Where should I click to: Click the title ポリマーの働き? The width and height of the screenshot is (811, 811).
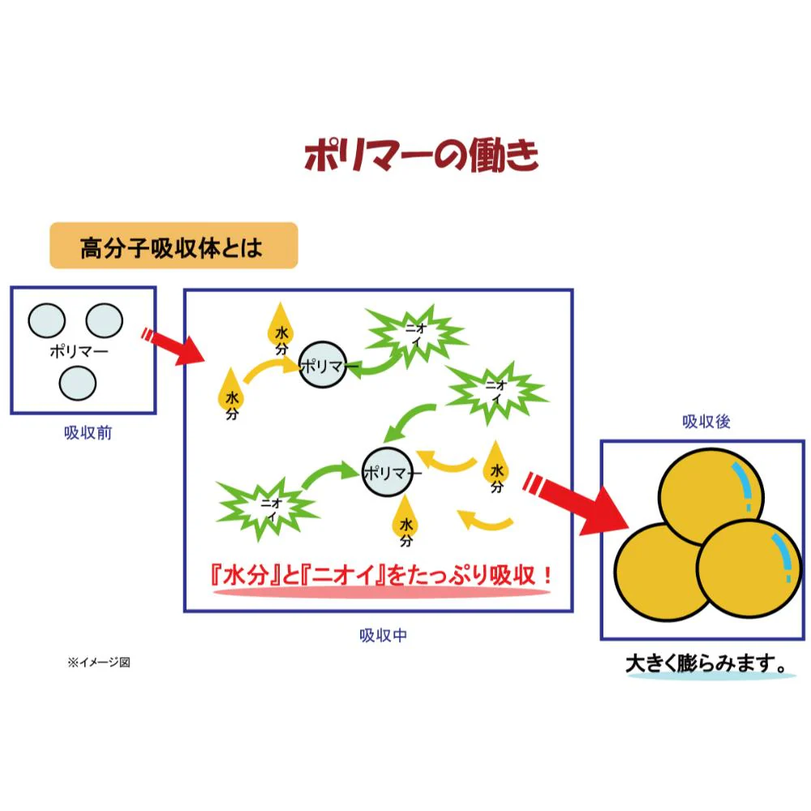click(x=422, y=155)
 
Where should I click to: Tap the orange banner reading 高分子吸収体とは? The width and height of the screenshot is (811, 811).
click(x=174, y=246)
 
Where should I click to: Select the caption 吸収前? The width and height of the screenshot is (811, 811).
click(x=88, y=432)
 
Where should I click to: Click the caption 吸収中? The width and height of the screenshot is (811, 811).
click(x=384, y=635)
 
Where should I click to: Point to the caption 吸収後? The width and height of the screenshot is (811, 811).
click(x=706, y=422)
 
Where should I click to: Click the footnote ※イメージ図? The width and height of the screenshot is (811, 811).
click(x=99, y=662)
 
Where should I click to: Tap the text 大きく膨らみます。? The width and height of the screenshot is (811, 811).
click(x=706, y=663)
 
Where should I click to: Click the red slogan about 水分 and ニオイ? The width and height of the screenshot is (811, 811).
click(x=382, y=575)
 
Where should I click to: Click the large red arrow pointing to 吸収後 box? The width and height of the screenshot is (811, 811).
click(x=575, y=504)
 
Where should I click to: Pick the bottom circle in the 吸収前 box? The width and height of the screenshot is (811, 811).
click(x=78, y=384)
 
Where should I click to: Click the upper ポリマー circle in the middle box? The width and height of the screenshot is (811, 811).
click(x=323, y=365)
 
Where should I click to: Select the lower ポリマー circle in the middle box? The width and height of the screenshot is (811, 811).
click(x=388, y=472)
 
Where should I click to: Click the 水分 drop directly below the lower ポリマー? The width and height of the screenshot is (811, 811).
click(x=406, y=521)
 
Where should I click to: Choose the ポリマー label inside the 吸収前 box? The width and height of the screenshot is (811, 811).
click(x=79, y=351)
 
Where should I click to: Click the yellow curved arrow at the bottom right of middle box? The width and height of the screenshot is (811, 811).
click(x=485, y=521)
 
